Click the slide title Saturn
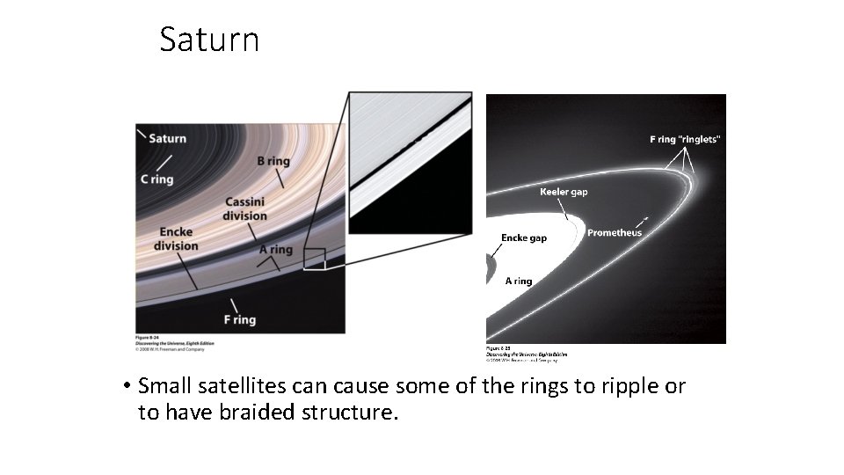(209, 40)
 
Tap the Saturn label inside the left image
(167, 138)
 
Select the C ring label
(156, 179)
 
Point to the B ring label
(273, 161)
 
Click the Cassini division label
(244, 208)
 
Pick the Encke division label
(176, 239)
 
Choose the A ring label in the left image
(275, 250)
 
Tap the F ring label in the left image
(238, 320)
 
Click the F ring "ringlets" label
(685, 139)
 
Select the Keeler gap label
(564, 192)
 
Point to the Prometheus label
(615, 233)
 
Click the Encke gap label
(524, 238)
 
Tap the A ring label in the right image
(518, 281)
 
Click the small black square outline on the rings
(314, 259)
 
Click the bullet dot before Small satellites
(127, 386)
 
